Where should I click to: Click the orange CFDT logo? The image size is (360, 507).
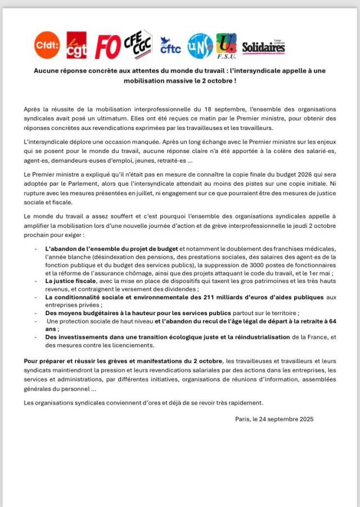point(47,44)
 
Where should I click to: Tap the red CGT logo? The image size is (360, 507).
point(76,45)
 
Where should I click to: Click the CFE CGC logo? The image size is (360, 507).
point(138,44)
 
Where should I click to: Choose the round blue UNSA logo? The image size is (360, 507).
point(200,45)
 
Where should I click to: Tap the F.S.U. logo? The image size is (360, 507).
point(226,46)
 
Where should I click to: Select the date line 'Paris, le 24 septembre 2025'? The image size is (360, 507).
point(274,419)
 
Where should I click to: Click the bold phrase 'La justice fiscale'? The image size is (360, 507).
point(71,281)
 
